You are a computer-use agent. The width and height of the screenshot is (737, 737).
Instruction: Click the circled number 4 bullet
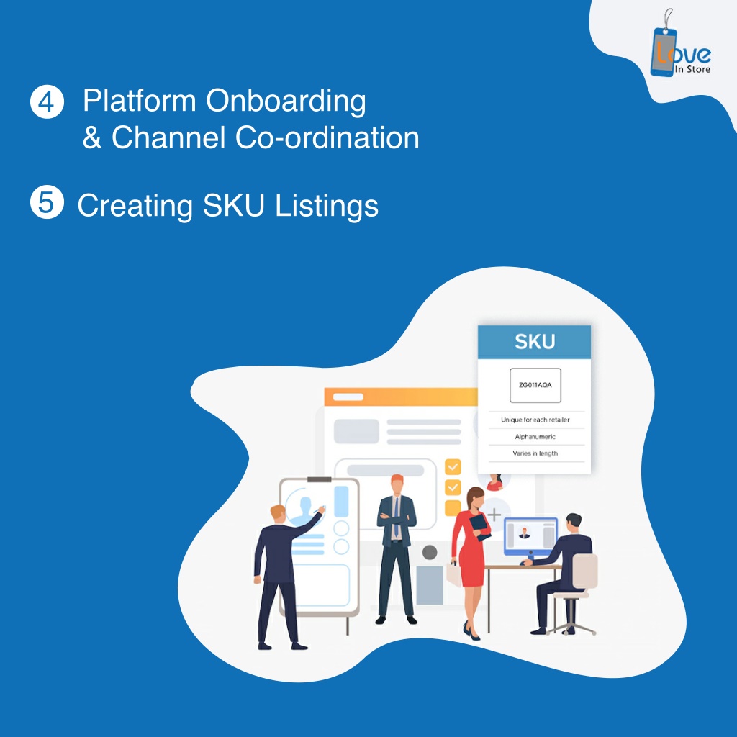pyautogui.click(x=47, y=101)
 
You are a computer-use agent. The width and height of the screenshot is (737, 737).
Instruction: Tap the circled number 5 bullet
pyautogui.click(x=47, y=202)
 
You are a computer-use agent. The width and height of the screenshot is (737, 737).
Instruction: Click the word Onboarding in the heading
pyautogui.click(x=286, y=101)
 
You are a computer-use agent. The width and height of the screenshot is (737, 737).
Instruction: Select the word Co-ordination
pyautogui.click(x=327, y=137)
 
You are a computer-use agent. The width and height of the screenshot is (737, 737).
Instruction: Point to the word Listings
pyautogui.click(x=327, y=207)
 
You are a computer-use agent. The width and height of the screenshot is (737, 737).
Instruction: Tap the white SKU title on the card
pyautogui.click(x=535, y=342)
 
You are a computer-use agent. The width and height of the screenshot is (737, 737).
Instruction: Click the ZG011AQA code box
pyautogui.click(x=535, y=386)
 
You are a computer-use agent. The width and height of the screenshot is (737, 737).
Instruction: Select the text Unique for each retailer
pyautogui.click(x=535, y=420)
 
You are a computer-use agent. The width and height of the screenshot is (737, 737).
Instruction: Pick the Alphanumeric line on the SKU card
pyautogui.click(x=535, y=437)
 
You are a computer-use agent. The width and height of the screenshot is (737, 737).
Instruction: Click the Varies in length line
pyautogui.click(x=535, y=453)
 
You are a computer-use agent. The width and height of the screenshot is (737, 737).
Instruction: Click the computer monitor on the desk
pyautogui.click(x=530, y=537)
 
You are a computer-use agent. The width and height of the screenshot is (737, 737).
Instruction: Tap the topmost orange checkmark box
pyautogui.click(x=453, y=466)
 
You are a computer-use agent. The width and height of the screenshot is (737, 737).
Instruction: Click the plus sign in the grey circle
pyautogui.click(x=494, y=515)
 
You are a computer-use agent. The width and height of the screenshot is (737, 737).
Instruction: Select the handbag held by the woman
pyautogui.click(x=454, y=574)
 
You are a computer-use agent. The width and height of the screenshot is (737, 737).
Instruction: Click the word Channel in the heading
pyautogui.click(x=168, y=137)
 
